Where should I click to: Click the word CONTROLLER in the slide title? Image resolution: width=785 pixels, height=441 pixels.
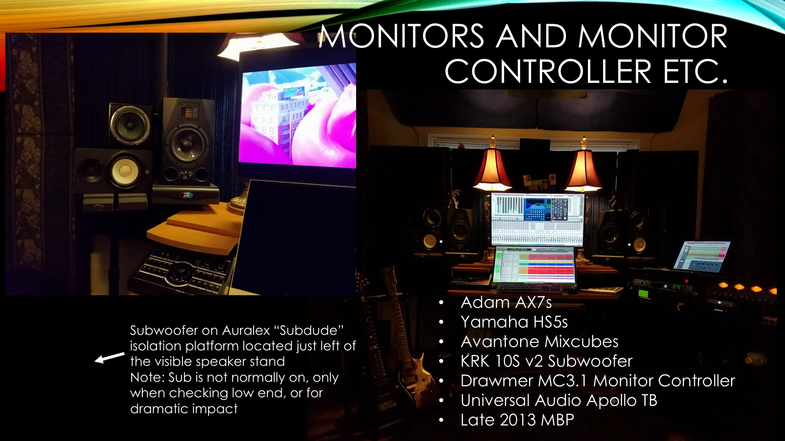pos(547,71)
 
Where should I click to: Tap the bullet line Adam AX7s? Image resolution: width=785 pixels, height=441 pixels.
pos(506,303)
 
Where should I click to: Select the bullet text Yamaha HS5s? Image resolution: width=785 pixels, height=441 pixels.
pos(514,322)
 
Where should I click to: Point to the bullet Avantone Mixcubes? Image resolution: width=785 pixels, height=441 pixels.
pos(539,342)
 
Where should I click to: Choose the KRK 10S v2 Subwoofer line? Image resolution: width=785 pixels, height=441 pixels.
pos(546,361)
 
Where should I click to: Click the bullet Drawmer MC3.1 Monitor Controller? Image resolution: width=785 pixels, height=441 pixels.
pos(598,381)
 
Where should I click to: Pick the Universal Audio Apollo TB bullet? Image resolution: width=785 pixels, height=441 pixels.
pos(559,401)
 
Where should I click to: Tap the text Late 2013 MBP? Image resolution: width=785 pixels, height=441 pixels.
pos(517,420)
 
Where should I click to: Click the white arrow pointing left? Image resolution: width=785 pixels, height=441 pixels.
pos(110,358)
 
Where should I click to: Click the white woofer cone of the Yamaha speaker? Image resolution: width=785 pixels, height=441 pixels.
pos(125,171)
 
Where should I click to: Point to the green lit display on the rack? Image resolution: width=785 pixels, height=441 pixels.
pos(644,293)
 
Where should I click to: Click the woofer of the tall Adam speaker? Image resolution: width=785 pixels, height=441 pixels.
pos(187,144)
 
